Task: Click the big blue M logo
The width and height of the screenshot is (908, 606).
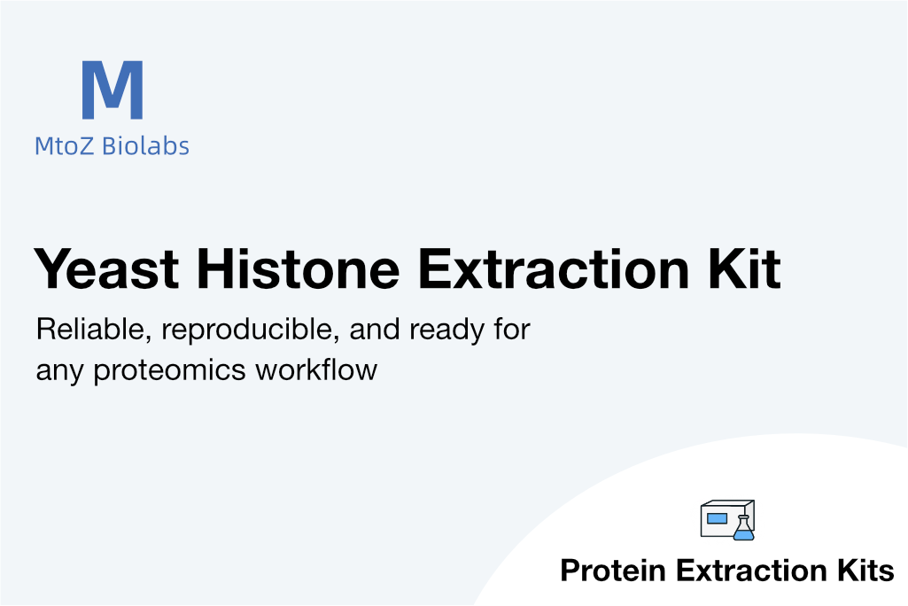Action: (113, 89)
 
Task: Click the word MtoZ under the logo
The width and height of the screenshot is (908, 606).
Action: (64, 146)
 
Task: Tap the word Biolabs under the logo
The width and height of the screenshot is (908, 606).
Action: (145, 145)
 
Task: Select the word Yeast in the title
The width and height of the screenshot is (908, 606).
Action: (107, 268)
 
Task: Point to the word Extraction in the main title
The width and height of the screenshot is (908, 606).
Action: (554, 268)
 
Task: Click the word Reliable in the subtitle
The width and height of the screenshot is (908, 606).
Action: (93, 330)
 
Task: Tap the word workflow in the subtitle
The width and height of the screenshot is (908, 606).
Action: (316, 369)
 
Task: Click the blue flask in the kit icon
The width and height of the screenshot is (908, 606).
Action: (743, 528)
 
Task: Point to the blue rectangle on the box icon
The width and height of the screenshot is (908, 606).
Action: (717, 518)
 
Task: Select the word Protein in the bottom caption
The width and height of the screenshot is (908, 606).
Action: (613, 570)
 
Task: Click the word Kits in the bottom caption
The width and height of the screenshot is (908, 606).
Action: (865, 570)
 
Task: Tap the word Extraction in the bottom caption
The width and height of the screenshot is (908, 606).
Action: (752, 570)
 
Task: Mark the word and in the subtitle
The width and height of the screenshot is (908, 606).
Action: (374, 330)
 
